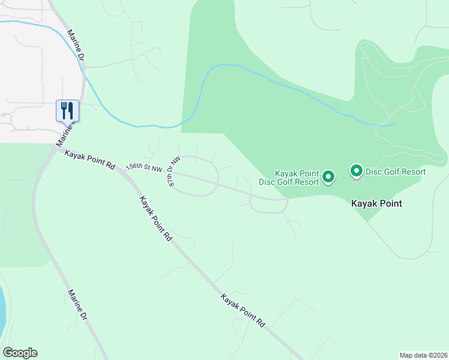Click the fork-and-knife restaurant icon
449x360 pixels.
(67, 110)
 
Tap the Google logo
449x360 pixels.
(20, 353)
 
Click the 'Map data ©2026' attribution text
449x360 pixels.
(423, 355)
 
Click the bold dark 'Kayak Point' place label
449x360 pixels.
(376, 203)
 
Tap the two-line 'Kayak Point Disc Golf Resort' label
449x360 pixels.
(288, 178)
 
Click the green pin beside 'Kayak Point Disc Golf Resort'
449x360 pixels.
(328, 176)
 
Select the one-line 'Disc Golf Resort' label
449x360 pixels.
(396, 172)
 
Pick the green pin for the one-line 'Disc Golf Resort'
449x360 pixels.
(356, 172)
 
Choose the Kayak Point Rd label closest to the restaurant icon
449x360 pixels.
(90, 158)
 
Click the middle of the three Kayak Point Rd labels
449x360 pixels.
(155, 218)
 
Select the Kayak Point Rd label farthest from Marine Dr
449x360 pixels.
(243, 310)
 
